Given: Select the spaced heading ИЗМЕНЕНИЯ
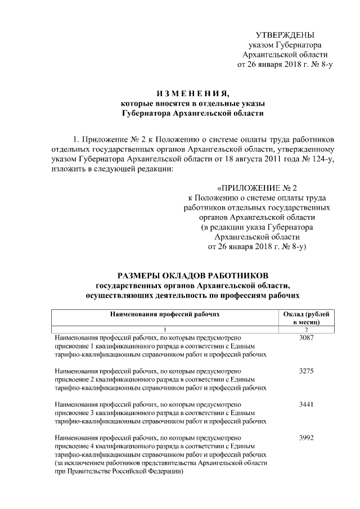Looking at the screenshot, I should pyautogui.click(x=192, y=93).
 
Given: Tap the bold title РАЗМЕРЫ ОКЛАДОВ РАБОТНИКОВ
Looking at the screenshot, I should pyautogui.click(x=192, y=275).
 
